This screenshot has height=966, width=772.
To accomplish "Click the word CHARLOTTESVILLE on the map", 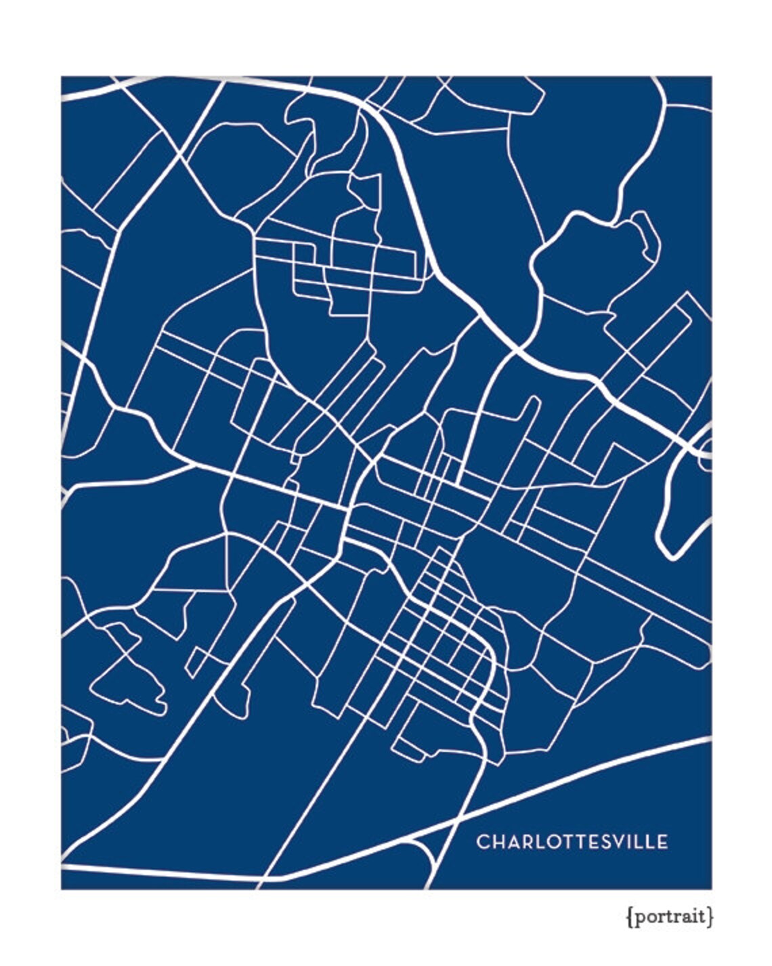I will point(572,842).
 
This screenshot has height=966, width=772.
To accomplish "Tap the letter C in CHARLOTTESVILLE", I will point(483,842).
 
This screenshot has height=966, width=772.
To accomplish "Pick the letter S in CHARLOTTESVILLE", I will point(604,842).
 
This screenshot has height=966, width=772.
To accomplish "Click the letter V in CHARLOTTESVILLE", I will point(618,842).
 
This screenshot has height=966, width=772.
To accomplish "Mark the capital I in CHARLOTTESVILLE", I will point(629,842).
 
